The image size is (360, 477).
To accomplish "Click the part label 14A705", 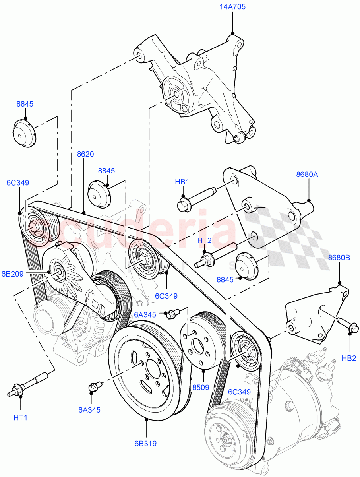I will (232, 7).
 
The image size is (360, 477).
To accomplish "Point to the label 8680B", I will (339, 258).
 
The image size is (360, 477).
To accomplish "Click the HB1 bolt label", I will (182, 182).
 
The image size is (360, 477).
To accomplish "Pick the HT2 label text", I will (204, 241).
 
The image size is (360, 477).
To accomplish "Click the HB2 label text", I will (349, 358).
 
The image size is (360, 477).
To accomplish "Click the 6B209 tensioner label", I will (12, 273).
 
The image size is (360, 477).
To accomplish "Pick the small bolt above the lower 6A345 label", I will (94, 386).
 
